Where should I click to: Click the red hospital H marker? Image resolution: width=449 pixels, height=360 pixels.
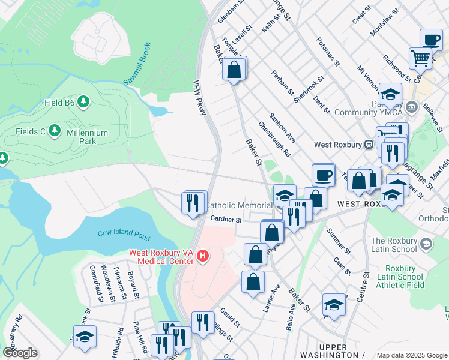(203, 256)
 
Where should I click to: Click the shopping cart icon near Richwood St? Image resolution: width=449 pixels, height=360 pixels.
(421, 59)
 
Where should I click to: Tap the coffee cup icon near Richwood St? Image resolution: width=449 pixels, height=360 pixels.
(430, 40)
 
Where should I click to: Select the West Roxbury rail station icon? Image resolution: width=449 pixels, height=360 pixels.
(369, 145)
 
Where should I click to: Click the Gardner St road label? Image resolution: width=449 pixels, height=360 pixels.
(225, 220)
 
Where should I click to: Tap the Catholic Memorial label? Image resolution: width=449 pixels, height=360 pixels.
(239, 206)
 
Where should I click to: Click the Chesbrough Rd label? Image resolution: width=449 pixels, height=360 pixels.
(274, 140)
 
